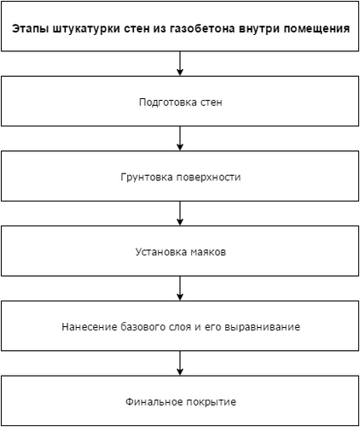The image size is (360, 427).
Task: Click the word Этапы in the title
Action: [31, 29]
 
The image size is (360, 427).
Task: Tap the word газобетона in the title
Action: [203, 29]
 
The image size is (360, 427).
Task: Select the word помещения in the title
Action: [316, 29]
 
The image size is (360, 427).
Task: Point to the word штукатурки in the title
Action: [86, 29]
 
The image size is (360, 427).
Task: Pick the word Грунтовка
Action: [147, 177]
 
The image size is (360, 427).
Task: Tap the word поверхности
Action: [209, 177]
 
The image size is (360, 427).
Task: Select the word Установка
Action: [161, 252]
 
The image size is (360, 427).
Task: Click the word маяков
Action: [208, 252]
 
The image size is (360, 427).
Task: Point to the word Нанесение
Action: [90, 327]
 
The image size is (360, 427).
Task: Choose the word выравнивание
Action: [262, 327]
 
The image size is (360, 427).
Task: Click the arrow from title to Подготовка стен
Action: [180, 63]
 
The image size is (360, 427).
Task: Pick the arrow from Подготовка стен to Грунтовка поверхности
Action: [180, 138]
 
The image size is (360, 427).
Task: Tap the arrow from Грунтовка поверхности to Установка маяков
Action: [180, 213]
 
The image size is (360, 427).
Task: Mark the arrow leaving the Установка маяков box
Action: [180, 288]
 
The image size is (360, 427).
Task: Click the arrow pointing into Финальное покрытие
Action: [180, 363]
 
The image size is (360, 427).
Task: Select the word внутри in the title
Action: [259, 29]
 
